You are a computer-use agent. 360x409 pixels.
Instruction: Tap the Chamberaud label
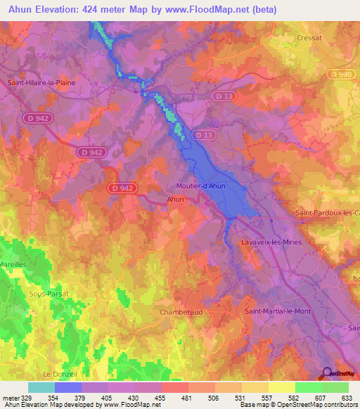[x=181, y=311]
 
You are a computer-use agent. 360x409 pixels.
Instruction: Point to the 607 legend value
[x=321, y=398]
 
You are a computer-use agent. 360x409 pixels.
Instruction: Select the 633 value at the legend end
[x=347, y=398]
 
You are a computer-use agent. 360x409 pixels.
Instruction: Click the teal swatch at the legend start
[x=41, y=387]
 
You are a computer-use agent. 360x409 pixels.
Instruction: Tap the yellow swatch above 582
[x=282, y=387]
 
